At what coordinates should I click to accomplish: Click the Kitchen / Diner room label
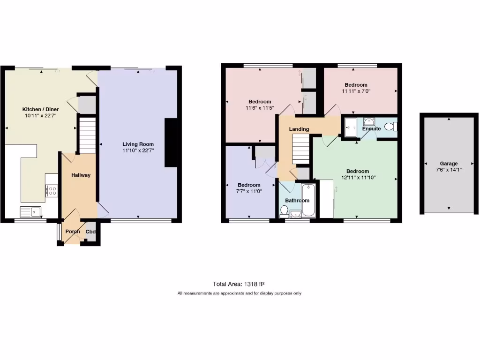pos(41,109)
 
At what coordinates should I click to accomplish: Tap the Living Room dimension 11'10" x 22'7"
pos(138,150)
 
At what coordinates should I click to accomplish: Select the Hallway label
pos(81,175)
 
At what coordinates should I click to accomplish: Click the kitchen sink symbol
pos(30,212)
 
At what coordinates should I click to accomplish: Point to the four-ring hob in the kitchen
pos(51,191)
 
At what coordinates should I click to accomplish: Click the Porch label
pos(72,232)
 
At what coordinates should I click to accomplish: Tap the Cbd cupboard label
pos(90,232)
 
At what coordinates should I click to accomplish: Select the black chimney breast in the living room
pos(171,143)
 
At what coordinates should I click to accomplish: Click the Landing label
pos(299,129)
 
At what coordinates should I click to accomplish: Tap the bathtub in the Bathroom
pos(308,201)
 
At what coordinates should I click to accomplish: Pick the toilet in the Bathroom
pos(284,212)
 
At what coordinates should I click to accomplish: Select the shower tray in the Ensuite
pos(351,127)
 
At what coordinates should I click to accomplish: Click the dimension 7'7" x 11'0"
pos(248,191)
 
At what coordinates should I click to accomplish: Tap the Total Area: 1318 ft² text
pos(239,284)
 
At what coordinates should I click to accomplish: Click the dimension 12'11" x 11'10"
pos(358,178)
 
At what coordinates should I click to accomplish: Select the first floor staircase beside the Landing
pos(300,148)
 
